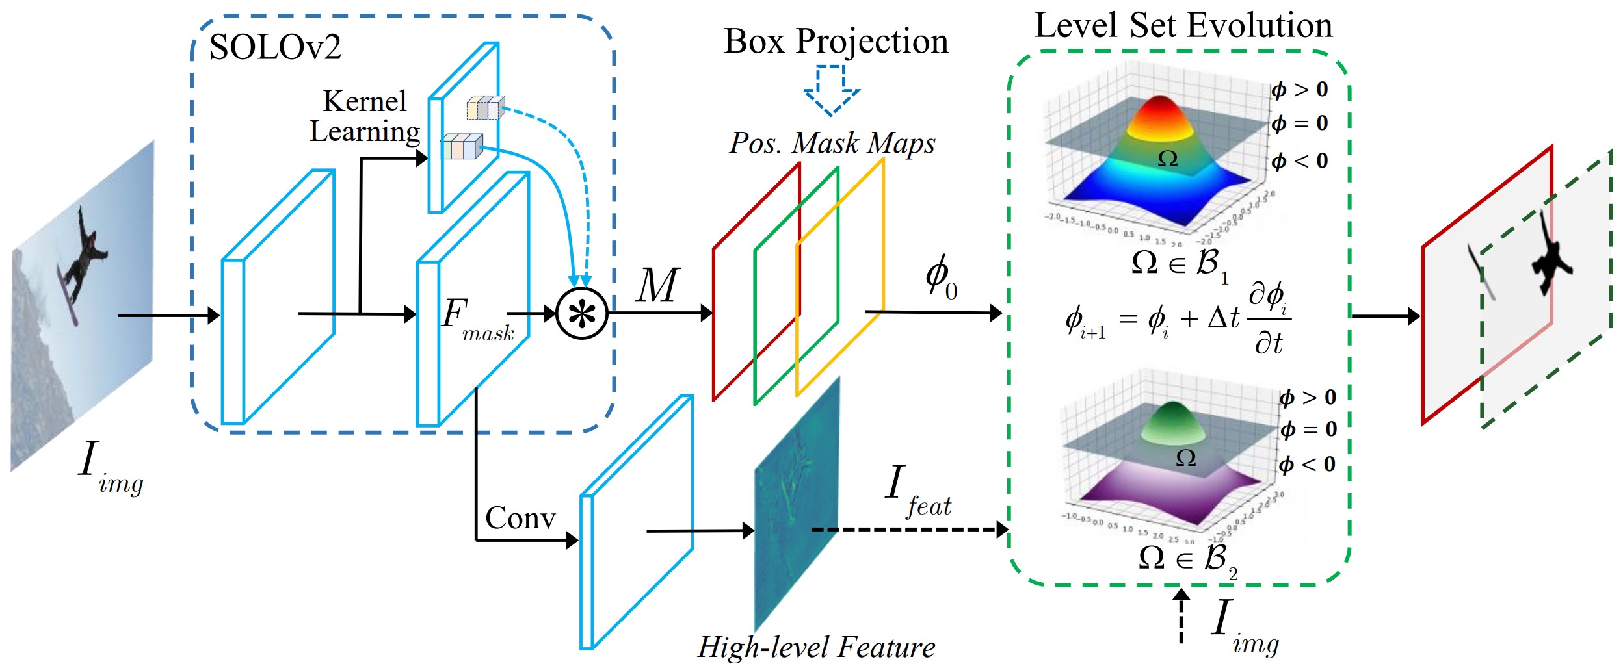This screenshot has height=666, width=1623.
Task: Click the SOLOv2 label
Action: (x=275, y=47)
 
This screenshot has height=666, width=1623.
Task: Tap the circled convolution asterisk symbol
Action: (x=582, y=314)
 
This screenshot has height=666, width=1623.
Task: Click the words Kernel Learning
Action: (x=365, y=116)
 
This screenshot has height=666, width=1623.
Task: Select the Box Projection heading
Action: (x=836, y=42)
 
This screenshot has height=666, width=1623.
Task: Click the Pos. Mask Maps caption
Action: (x=832, y=143)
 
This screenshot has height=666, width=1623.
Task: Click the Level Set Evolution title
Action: (x=1183, y=26)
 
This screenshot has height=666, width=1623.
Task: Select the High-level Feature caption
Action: (x=816, y=647)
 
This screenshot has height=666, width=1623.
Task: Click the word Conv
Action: (x=520, y=518)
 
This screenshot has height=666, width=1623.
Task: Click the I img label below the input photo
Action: (x=111, y=468)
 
